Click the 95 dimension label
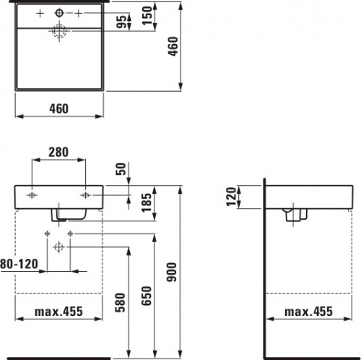click(122, 22)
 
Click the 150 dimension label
click(147, 16)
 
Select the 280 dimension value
click(58, 152)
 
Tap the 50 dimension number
click(121, 169)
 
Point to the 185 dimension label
click(147, 202)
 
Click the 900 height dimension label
click(172, 272)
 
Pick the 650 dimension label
click(147, 296)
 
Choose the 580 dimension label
click(121, 303)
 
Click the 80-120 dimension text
click(19, 264)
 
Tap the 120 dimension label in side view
click(232, 197)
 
